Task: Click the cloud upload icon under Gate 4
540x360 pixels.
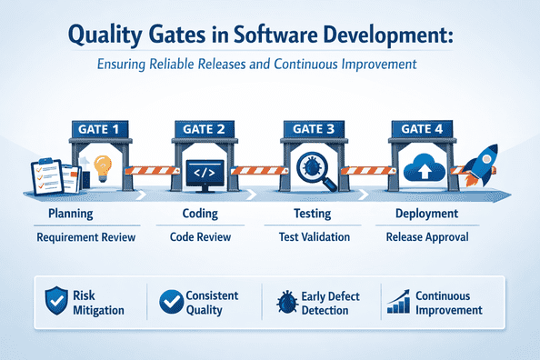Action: [x=420, y=169]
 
